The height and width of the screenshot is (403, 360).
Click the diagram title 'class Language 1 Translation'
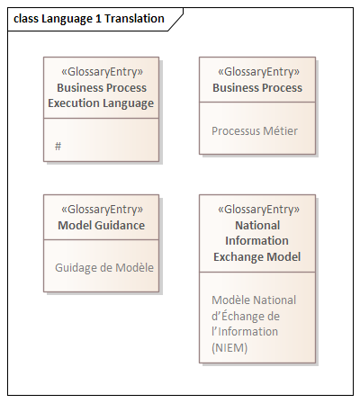click(x=89, y=19)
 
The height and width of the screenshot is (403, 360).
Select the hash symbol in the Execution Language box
click(x=58, y=147)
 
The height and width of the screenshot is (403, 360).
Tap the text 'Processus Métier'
click(x=255, y=131)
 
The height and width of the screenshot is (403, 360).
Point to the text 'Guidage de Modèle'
click(x=104, y=267)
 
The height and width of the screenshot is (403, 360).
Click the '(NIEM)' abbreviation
click(x=229, y=348)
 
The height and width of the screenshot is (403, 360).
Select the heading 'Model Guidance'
click(x=102, y=226)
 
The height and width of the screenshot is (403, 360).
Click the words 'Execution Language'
click(x=101, y=103)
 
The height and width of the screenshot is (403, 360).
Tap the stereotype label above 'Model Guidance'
click(x=102, y=210)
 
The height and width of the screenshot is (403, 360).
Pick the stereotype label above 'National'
click(x=258, y=210)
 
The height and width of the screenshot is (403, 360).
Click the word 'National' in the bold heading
click(x=257, y=226)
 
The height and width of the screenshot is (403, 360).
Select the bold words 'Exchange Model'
click(x=257, y=257)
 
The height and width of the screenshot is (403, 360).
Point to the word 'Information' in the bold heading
click(x=256, y=241)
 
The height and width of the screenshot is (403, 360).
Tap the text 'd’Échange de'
click(x=246, y=316)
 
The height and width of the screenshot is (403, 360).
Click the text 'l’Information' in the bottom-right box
click(x=245, y=332)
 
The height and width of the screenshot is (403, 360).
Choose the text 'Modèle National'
click(x=254, y=300)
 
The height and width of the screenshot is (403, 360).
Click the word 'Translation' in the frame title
click(x=134, y=19)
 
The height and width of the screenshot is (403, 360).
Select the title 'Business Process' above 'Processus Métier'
click(x=257, y=88)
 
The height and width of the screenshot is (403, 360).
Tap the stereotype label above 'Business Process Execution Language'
click(x=102, y=72)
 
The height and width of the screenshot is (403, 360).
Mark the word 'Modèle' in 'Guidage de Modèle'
click(x=134, y=267)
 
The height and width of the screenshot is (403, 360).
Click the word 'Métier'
click(x=280, y=131)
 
